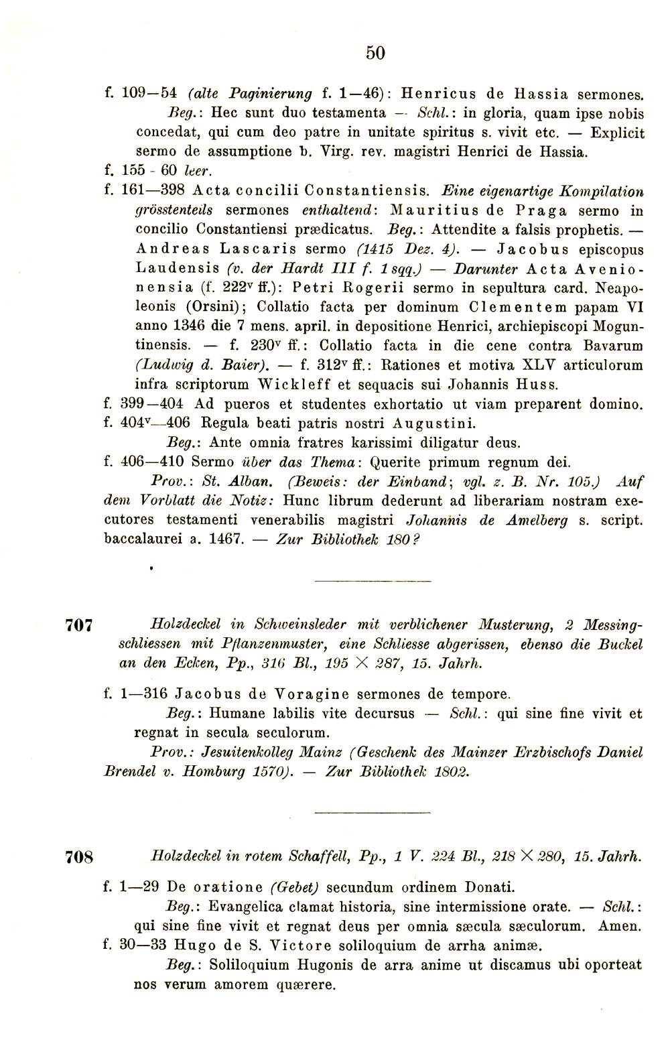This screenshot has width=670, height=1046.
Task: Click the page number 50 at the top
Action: pyautogui.click(x=376, y=53)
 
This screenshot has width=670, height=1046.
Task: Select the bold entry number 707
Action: pyautogui.click(x=79, y=627)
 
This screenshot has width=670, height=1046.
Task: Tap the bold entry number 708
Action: pyautogui.click(x=79, y=857)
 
